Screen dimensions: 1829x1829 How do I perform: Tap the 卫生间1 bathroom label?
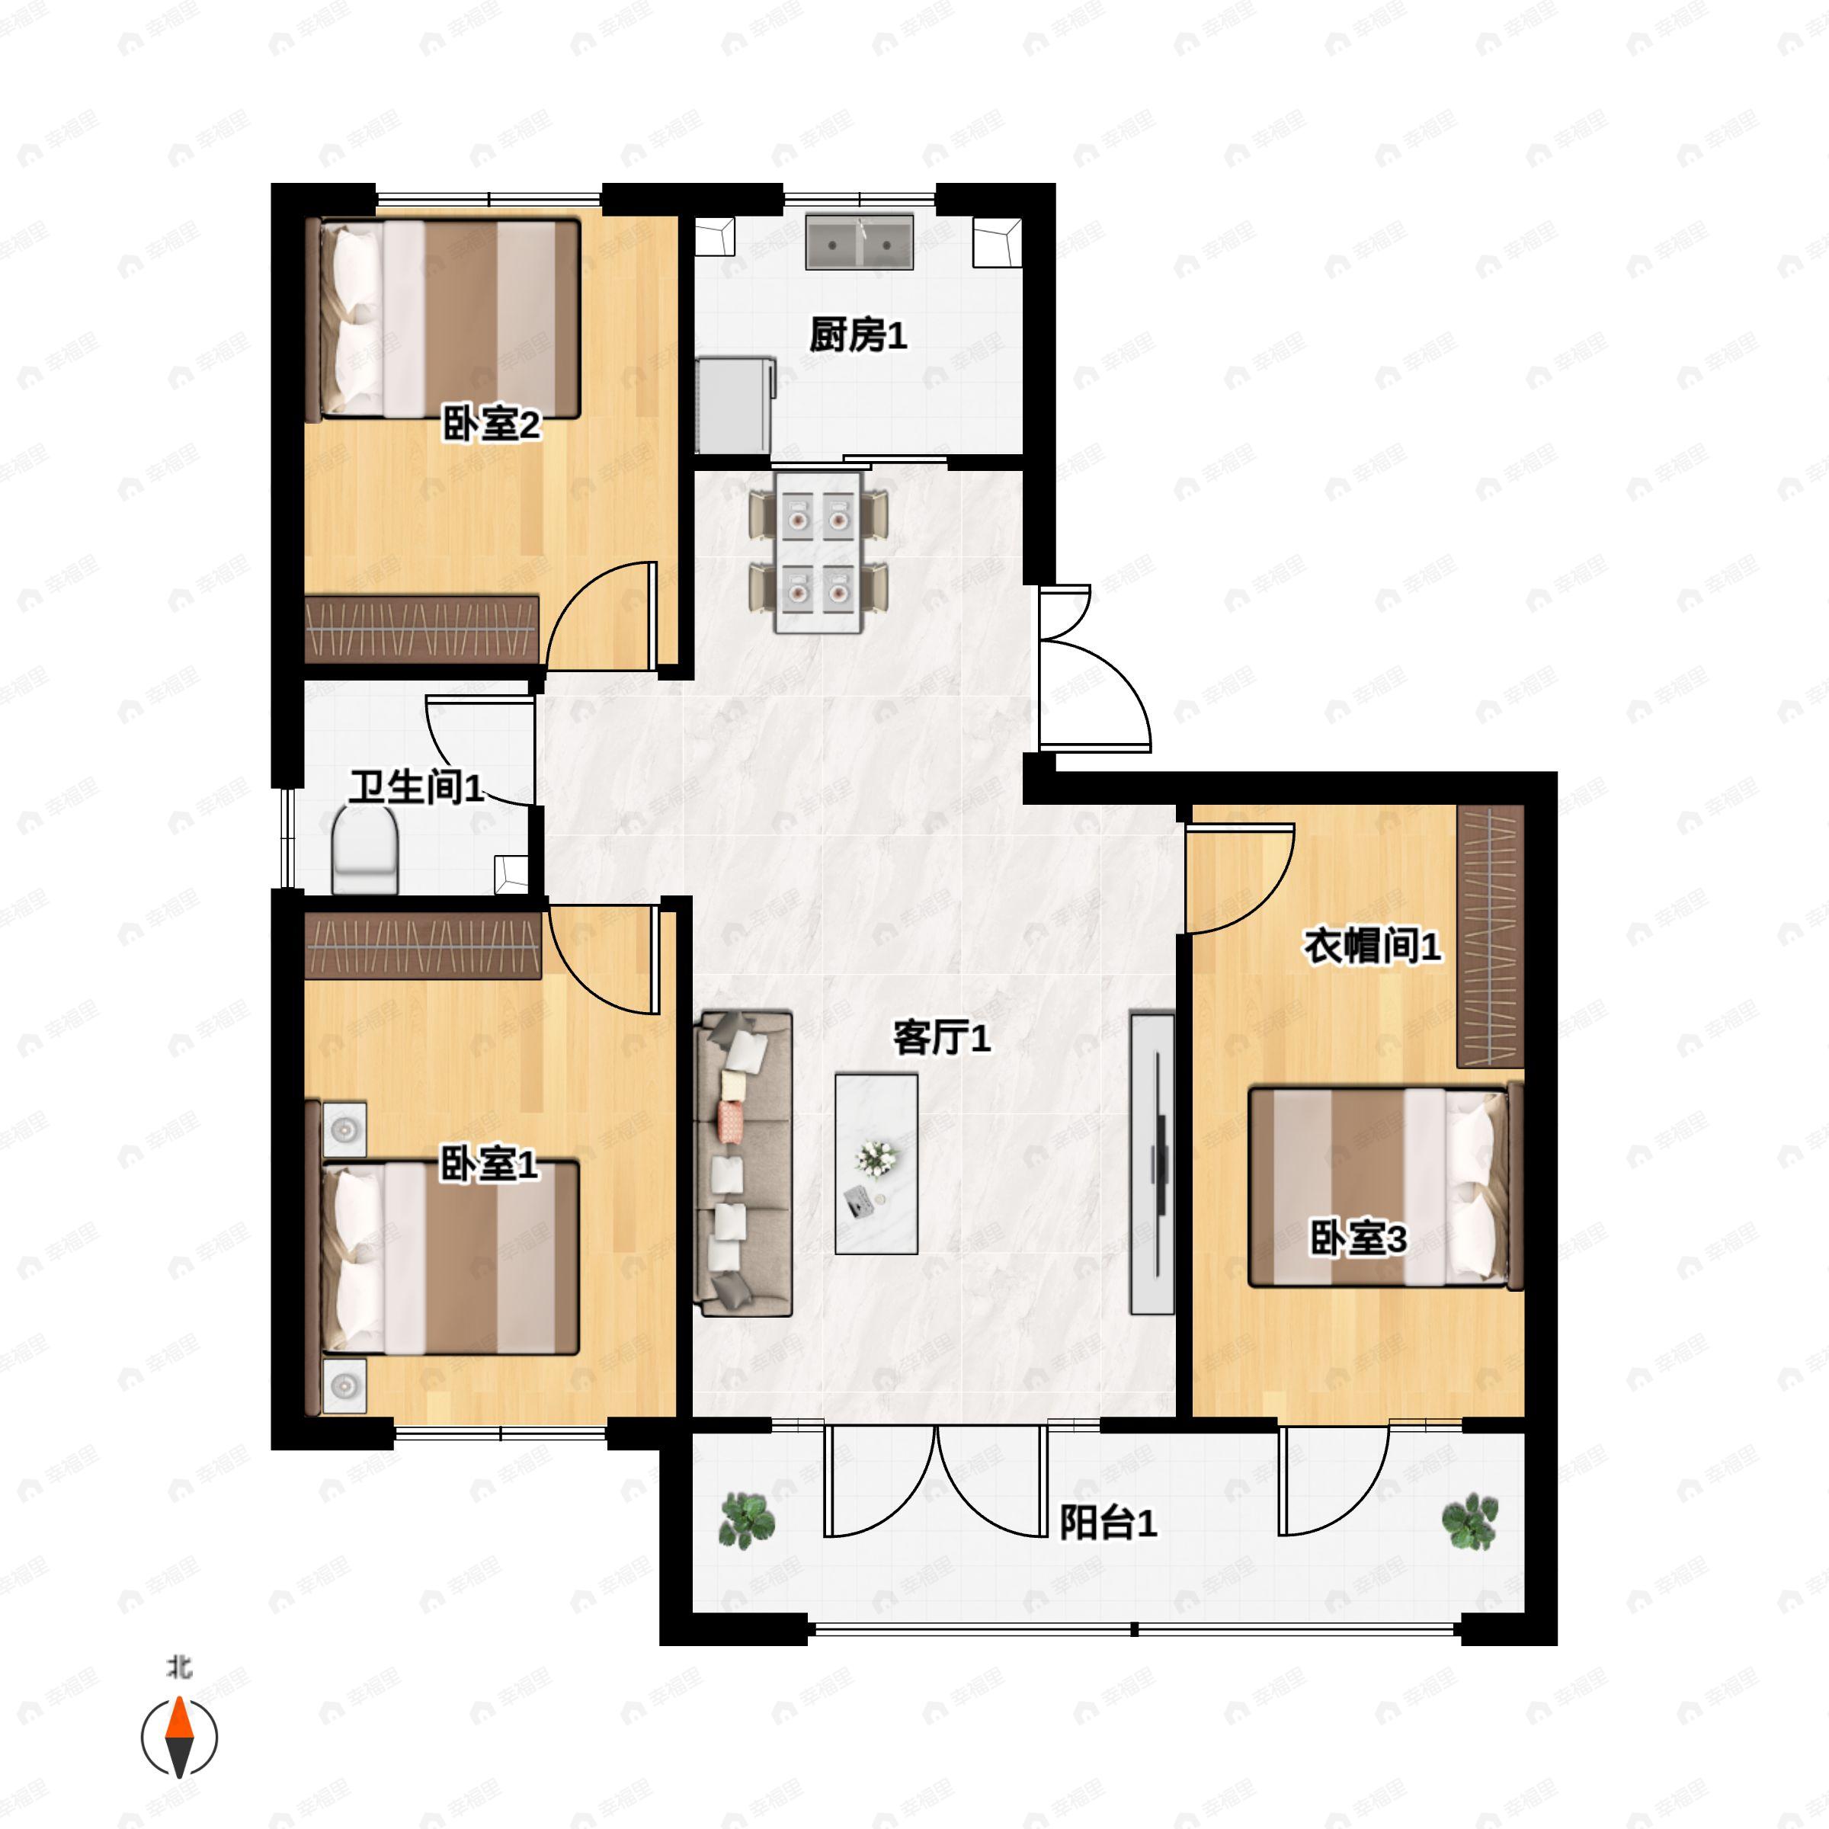coord(417,786)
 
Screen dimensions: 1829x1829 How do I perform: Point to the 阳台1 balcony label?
coord(1107,1523)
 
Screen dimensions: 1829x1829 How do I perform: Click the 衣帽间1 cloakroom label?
coord(1373,946)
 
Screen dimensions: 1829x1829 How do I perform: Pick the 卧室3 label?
coord(1357,1238)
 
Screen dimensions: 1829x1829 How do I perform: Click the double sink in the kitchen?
coord(860,242)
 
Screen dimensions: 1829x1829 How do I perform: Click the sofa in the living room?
coord(744,1164)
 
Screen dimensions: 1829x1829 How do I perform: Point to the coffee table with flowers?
coord(876,1164)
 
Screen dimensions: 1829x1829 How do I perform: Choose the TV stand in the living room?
coord(1152,1164)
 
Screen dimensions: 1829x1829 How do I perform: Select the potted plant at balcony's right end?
coord(1469,1521)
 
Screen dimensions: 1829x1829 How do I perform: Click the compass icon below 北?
coord(179,1738)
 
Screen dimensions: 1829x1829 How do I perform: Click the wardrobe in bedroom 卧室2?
coord(422,629)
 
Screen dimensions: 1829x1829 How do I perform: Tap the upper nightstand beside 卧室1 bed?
coord(344,1129)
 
